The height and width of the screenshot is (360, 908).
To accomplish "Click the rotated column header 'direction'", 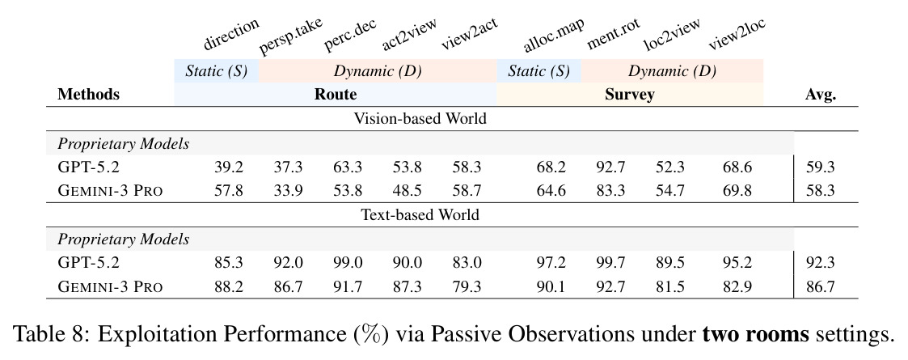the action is click(x=230, y=34).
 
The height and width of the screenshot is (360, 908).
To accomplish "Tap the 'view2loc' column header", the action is click(x=737, y=34).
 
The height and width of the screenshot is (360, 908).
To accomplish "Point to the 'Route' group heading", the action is click(x=336, y=94).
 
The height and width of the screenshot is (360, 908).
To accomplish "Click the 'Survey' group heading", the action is click(x=630, y=95).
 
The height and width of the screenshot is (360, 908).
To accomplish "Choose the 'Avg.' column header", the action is click(x=821, y=95).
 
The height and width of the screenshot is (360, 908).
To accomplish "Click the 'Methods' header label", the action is click(x=89, y=94).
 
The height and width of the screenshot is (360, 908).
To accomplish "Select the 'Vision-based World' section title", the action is click(x=420, y=118).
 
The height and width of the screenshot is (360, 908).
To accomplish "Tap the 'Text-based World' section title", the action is click(x=420, y=214).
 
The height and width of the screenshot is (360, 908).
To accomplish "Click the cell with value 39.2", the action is click(x=229, y=167).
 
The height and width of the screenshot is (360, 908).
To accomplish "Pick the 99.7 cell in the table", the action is click(x=610, y=263).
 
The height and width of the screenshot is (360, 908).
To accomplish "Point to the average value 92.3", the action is click(x=821, y=263).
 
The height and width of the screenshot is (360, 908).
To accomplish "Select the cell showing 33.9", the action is click(x=288, y=190).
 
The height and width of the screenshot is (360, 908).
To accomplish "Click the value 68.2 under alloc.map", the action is click(x=551, y=167).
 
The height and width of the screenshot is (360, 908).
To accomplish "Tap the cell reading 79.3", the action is click(x=467, y=286).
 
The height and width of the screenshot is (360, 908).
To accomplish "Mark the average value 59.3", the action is click(x=821, y=167).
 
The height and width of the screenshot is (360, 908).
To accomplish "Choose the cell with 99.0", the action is click(x=348, y=263).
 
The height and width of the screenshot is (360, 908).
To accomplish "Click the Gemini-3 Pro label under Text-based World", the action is click(x=110, y=286).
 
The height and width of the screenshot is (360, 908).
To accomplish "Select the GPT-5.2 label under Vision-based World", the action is click(x=88, y=167).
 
